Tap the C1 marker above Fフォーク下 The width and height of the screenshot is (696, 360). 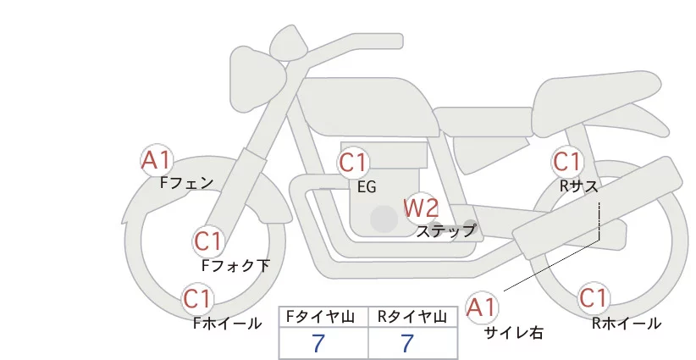pos(208,242)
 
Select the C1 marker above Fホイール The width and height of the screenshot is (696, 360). pos(199,299)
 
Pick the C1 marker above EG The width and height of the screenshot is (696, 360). pos(354,162)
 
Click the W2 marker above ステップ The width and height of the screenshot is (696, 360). pos(421,207)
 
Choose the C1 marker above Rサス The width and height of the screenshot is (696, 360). pos(566,161)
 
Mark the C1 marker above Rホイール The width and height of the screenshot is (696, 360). pos(594,298)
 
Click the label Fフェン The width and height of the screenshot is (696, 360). pos(186,182)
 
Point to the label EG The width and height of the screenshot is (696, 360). pos(367,187)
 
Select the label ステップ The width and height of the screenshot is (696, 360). pos(446,230)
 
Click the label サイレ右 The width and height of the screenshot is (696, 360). pos(513,333)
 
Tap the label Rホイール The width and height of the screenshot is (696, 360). pos(626,323)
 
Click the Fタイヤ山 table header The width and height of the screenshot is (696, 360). pos(323,317)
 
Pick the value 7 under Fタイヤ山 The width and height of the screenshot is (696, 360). pos(318,343)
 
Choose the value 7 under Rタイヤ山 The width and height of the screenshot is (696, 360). pos(407,343)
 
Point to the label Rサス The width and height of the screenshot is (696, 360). pos(580,186)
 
